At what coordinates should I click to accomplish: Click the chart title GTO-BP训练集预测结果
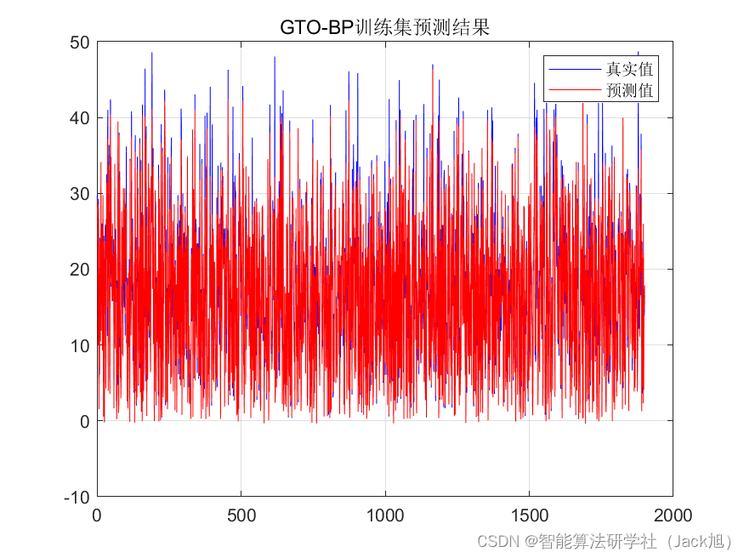384,28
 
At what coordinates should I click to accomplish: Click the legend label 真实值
629,69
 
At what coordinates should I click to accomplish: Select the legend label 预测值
629,88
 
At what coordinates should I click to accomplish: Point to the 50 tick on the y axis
81,43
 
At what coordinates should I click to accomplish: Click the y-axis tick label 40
81,118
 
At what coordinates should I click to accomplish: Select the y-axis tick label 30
81,194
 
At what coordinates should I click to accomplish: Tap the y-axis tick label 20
81,270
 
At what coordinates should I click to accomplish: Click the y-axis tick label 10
81,345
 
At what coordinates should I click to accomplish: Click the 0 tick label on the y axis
85,421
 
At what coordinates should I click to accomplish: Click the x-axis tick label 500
241,515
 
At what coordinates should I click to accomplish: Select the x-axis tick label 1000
384,515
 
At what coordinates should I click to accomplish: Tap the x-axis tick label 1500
529,515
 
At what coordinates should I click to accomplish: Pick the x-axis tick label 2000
673,515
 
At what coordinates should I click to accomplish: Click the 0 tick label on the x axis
97,515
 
